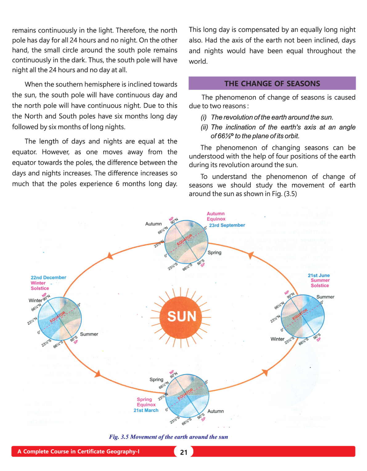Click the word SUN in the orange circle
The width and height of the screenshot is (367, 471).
181,316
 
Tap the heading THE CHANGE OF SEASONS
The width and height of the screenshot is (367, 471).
272,83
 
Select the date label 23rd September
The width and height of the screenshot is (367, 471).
227,225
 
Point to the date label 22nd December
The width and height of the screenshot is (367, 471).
48,277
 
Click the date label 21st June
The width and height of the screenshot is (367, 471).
319,275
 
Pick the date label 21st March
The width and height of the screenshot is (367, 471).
146,410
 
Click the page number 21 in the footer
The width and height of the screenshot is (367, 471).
184,452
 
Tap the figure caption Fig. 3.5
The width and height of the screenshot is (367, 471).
168,437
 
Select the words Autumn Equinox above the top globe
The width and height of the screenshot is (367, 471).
216,216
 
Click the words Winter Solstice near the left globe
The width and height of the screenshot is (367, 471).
39,286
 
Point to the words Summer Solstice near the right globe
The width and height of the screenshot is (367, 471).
320,283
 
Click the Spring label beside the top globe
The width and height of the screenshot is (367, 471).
214,253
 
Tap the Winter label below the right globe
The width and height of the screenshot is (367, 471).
277,339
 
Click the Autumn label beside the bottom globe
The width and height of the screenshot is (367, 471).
216,411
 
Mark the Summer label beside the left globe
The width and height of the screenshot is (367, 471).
89,334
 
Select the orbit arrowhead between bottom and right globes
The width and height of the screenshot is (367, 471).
264,373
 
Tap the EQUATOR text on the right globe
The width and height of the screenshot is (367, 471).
300,314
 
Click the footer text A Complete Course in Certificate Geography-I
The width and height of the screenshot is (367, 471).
78,452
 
